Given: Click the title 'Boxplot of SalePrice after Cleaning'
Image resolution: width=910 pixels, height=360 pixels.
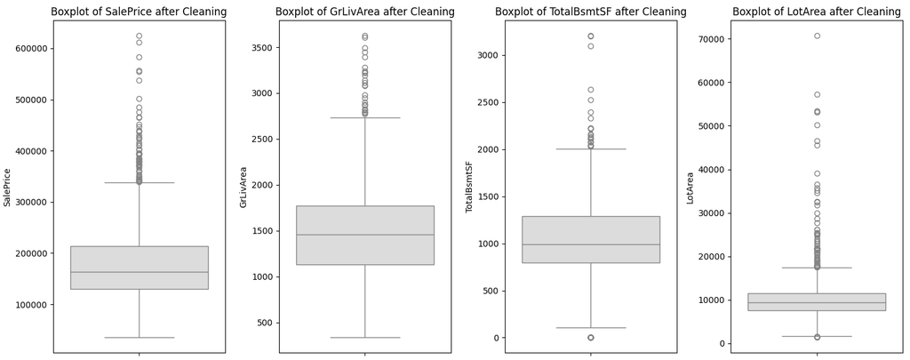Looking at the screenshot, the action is (x=139, y=12).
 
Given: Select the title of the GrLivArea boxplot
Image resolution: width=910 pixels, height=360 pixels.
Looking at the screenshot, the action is (x=365, y=12).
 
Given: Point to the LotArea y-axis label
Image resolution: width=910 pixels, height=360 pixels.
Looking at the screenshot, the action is (x=690, y=187).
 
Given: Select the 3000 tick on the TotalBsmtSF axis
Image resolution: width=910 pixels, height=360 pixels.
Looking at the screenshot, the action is (x=488, y=55).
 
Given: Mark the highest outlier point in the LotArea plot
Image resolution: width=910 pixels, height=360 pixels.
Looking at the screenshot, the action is (x=817, y=36).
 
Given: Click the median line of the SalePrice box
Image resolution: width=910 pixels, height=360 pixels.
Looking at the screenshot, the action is (x=140, y=272).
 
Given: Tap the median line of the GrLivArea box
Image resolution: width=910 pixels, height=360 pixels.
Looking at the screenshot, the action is (x=365, y=235).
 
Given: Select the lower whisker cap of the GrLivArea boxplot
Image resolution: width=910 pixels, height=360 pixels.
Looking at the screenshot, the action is (x=365, y=338).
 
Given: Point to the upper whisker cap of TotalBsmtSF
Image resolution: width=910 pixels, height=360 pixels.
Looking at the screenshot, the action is (x=591, y=149).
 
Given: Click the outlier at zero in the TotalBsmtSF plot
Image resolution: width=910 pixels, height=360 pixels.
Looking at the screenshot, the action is (x=591, y=338).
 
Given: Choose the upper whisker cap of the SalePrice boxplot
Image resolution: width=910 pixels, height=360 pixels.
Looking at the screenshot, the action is (x=140, y=182).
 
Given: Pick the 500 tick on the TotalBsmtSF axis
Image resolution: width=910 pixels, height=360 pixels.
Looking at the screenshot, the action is (x=491, y=291).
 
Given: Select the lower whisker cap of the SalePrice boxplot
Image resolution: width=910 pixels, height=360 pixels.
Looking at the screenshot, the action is (x=140, y=338).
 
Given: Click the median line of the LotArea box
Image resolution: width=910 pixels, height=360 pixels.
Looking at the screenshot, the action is (x=817, y=302).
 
